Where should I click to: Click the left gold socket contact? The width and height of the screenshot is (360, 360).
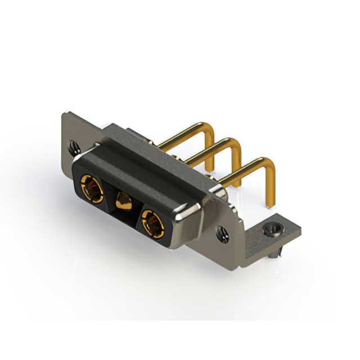click(91, 188)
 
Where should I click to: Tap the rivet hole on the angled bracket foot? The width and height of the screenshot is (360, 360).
click(273, 229)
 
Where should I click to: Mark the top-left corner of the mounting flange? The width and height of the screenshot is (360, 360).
click(63, 114)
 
